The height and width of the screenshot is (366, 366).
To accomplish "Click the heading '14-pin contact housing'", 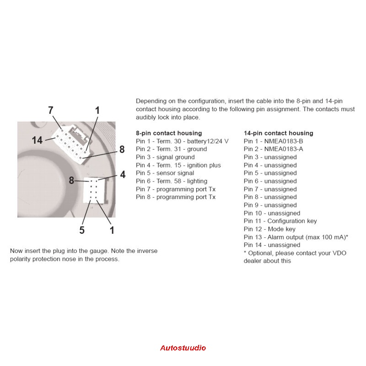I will [x=278, y=133].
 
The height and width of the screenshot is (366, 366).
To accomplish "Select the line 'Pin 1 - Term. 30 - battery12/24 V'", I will [x=182, y=141].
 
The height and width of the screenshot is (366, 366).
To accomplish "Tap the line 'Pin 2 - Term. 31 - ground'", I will [x=171, y=149].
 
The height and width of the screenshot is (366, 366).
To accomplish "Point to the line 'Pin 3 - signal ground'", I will [x=165, y=157].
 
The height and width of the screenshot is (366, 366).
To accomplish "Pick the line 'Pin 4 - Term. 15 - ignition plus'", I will [x=178, y=165].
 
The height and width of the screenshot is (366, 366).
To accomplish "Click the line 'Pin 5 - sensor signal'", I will [x=165, y=173].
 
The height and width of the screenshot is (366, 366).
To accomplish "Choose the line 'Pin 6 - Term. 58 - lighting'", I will [x=172, y=181].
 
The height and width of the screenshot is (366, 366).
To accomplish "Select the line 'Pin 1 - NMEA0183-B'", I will [x=273, y=141].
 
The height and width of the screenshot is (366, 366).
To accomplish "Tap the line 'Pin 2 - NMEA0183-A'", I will [x=273, y=149].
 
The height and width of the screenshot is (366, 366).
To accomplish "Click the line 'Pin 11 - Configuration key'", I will [x=280, y=221].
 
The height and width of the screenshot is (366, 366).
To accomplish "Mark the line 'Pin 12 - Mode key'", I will [x=269, y=229].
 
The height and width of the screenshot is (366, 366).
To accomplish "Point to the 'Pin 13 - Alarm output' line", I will [x=296, y=237].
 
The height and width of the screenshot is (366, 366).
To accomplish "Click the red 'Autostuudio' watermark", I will [x=183, y=348].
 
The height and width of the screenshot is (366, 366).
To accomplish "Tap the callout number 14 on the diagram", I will [x=38, y=140].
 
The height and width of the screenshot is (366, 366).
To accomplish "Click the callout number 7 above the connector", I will [x=51, y=110].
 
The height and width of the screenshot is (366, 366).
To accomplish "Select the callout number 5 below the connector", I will [x=82, y=230].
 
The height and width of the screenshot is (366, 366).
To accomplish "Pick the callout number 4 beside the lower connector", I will [x=122, y=174].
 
